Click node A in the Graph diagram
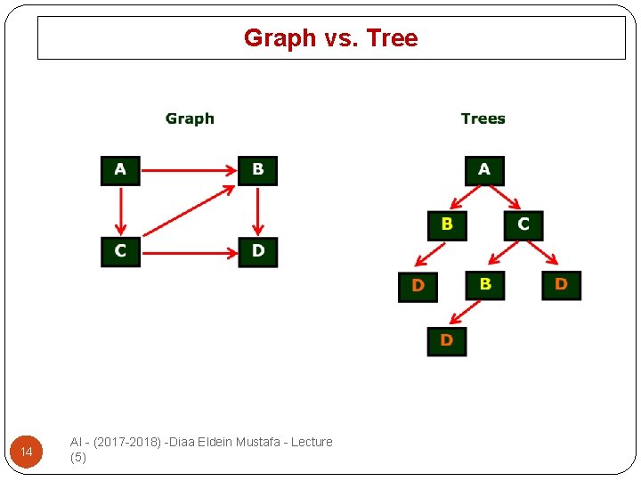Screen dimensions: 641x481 pyautogui.click(x=120, y=169)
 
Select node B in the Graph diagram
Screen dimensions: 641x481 pyautogui.click(x=257, y=169)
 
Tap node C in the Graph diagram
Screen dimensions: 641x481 pyautogui.click(x=120, y=251)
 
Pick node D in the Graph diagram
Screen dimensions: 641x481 pyautogui.click(x=257, y=251)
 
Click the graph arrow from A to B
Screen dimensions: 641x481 pyautogui.click(x=189, y=169)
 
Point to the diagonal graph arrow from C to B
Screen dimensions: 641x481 pyautogui.click(x=189, y=210)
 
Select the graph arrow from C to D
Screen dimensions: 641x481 pyautogui.click(x=189, y=251)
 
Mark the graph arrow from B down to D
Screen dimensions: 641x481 pyautogui.click(x=257, y=210)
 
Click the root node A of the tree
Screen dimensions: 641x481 pyautogui.click(x=484, y=169)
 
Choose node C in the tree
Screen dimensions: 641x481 pyautogui.click(x=523, y=224)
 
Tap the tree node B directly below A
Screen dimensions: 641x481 pyautogui.click(x=446, y=224)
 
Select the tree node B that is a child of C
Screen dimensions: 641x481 pyautogui.click(x=484, y=284)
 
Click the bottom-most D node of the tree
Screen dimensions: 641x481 pyautogui.click(x=446, y=340)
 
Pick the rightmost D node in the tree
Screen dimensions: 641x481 pyautogui.click(x=561, y=284)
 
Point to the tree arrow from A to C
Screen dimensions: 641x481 pyautogui.click(x=505, y=197)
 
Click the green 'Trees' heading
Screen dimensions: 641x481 pyautogui.click(x=483, y=118)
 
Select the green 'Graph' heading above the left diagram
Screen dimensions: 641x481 pyautogui.click(x=190, y=118)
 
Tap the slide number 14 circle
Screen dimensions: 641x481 pyautogui.click(x=27, y=452)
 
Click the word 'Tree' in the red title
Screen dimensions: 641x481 pyautogui.click(x=392, y=38)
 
